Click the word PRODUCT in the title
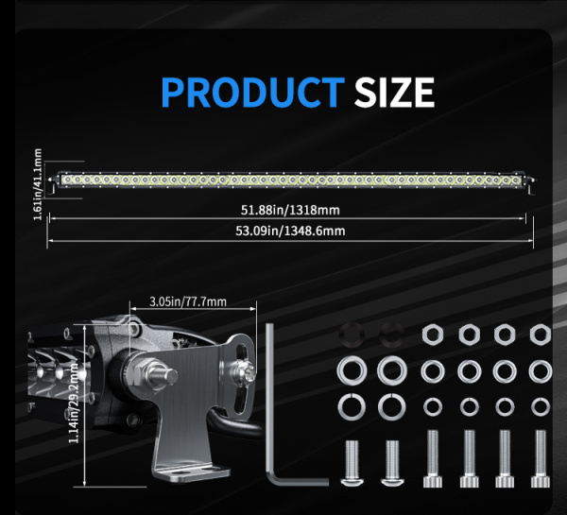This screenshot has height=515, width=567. [x=252, y=93]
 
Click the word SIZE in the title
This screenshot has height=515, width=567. [x=394, y=93]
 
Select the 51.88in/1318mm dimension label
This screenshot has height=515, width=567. [x=290, y=209]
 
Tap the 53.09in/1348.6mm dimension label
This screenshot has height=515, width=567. [x=290, y=231]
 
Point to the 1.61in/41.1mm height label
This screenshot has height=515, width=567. [x=38, y=183]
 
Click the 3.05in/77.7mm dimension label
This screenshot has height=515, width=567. [x=189, y=302]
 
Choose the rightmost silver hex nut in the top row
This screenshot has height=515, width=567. [x=541, y=333]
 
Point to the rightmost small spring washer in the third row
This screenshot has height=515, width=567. [x=541, y=406]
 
